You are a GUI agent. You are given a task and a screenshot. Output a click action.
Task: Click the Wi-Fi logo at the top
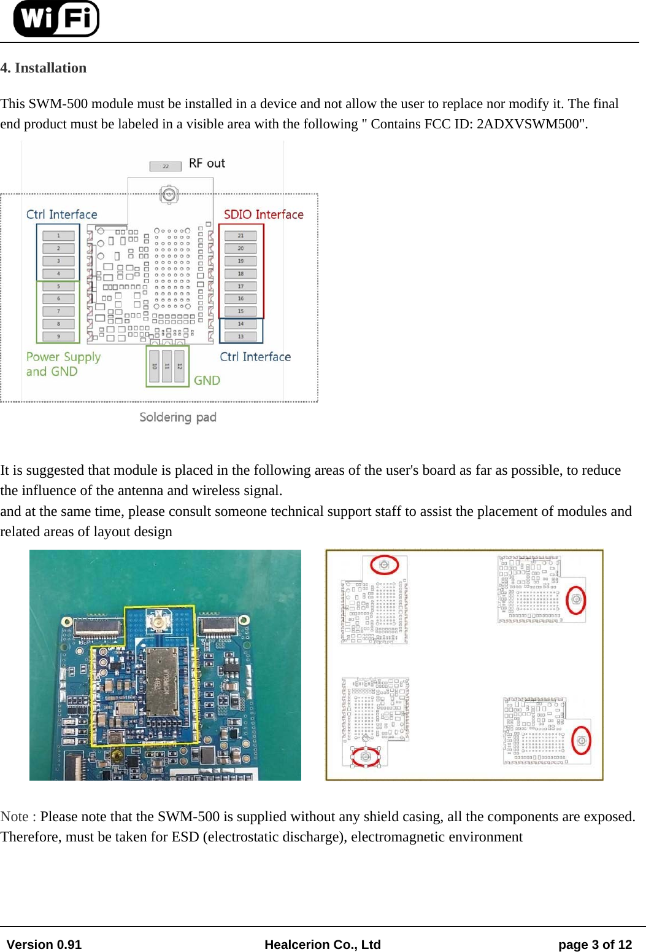point(56,18)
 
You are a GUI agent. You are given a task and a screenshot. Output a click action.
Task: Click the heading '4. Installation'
point(44,68)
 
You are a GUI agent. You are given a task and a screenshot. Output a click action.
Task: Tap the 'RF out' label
point(207,163)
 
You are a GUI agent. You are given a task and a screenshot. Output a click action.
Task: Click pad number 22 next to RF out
point(166,166)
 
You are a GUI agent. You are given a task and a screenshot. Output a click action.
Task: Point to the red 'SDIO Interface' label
point(263,214)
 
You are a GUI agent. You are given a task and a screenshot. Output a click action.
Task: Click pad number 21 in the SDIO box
point(240,236)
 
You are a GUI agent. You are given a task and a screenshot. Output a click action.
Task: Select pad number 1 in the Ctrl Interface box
point(59,236)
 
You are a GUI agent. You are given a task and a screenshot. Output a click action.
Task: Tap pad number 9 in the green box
point(59,337)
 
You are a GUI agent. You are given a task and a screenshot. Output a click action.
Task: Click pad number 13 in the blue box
point(240,337)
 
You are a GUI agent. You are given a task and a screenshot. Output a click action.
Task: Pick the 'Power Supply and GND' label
point(63,364)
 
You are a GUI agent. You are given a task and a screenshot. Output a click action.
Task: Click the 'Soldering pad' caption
point(178,418)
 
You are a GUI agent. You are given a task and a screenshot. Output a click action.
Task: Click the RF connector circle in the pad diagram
point(169,195)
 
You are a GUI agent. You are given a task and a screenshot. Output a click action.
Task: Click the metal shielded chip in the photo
point(162,681)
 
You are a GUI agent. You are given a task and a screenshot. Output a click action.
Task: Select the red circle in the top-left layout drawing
point(385,564)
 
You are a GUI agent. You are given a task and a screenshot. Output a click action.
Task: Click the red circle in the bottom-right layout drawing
point(581,741)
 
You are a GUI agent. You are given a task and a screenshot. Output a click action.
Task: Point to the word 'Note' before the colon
point(15,817)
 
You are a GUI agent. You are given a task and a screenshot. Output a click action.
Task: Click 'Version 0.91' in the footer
point(44,945)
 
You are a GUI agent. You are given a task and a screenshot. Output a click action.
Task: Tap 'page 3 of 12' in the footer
point(594,945)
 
